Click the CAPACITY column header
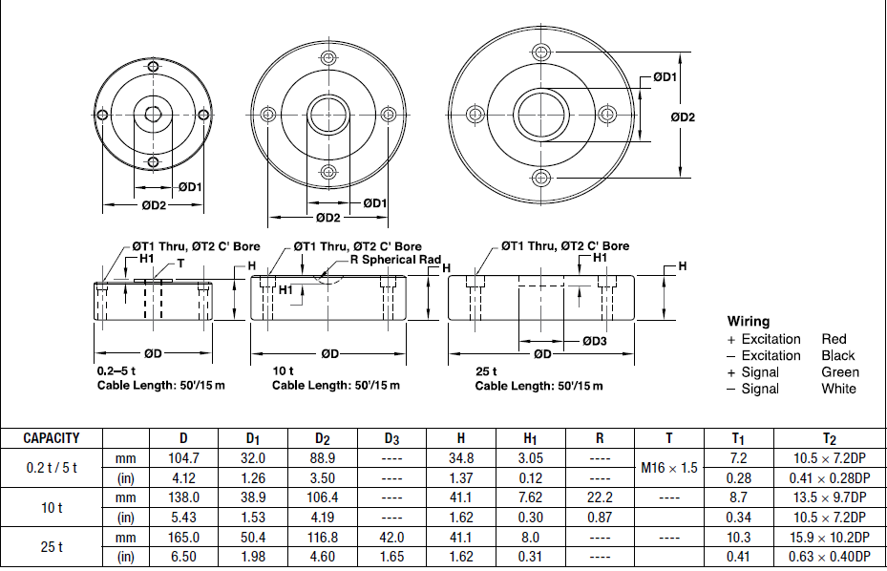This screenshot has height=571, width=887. pos(52,438)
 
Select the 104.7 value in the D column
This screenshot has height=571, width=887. pos(183,458)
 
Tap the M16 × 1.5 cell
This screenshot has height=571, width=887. pos(668,468)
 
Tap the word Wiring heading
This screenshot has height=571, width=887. pos(748,322)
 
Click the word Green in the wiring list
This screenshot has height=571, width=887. pos(839,372)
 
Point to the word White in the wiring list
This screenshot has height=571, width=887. pos(838,389)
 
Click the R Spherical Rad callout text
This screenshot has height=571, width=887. pos(395,260)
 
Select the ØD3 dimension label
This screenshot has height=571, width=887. pos(594,341)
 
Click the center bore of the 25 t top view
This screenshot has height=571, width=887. pos(541,114)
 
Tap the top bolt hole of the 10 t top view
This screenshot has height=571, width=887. pos(327,58)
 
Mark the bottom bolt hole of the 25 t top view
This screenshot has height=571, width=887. pos(541,177)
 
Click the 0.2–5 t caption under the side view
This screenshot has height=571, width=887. pos(115,370)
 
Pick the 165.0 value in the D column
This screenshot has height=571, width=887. pos(183,538)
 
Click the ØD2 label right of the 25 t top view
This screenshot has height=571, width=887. pos(682,117)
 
